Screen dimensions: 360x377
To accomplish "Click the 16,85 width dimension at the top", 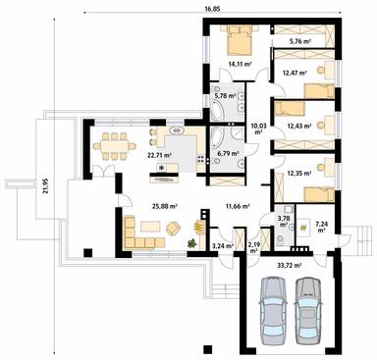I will click(213, 9).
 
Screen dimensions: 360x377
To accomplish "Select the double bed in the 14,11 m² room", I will click(239, 42).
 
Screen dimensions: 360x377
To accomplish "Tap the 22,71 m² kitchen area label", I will click(159, 154).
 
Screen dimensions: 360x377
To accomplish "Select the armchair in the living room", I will click(173, 229).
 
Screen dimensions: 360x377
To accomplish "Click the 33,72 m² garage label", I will click(290, 265).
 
